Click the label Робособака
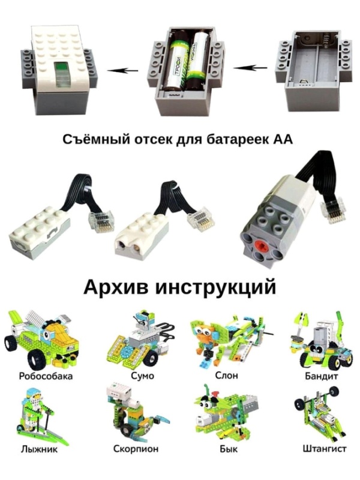tap(46, 376)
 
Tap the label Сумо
tap(142, 376)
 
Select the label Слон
tap(226, 376)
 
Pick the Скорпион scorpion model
tap(132, 414)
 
